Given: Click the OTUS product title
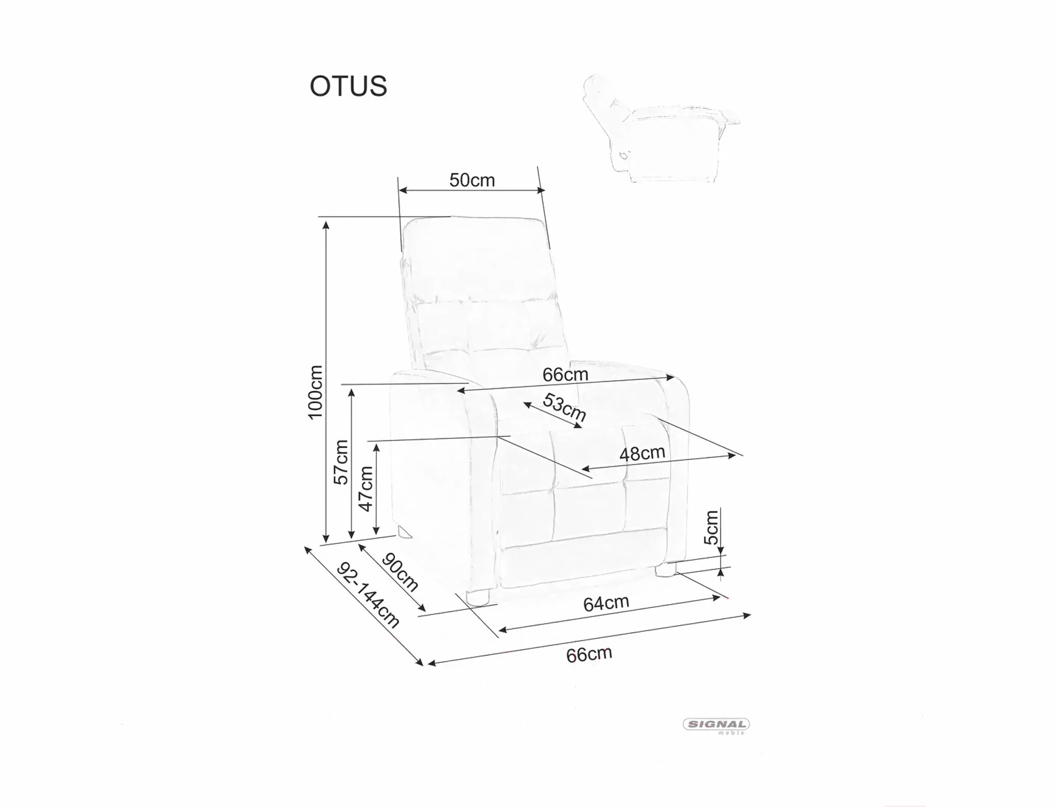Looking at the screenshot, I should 348,86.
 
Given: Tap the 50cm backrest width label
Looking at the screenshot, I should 472,180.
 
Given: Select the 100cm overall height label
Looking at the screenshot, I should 315,392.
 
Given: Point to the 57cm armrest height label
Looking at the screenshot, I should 341,462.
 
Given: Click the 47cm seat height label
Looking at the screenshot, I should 365,488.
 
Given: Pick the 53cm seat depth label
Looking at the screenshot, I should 564,407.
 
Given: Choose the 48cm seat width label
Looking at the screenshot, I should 642,453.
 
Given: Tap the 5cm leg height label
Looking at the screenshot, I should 711,527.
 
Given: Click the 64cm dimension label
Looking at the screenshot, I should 606,603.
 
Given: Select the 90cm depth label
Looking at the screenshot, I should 400,572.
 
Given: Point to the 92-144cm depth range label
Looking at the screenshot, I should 369,595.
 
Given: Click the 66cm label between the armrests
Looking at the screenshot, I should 565,374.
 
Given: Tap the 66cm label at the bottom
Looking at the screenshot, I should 589,654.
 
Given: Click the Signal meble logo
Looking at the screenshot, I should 716,726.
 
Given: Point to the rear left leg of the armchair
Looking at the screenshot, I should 403,531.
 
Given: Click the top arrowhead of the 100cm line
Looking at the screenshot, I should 326,224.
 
